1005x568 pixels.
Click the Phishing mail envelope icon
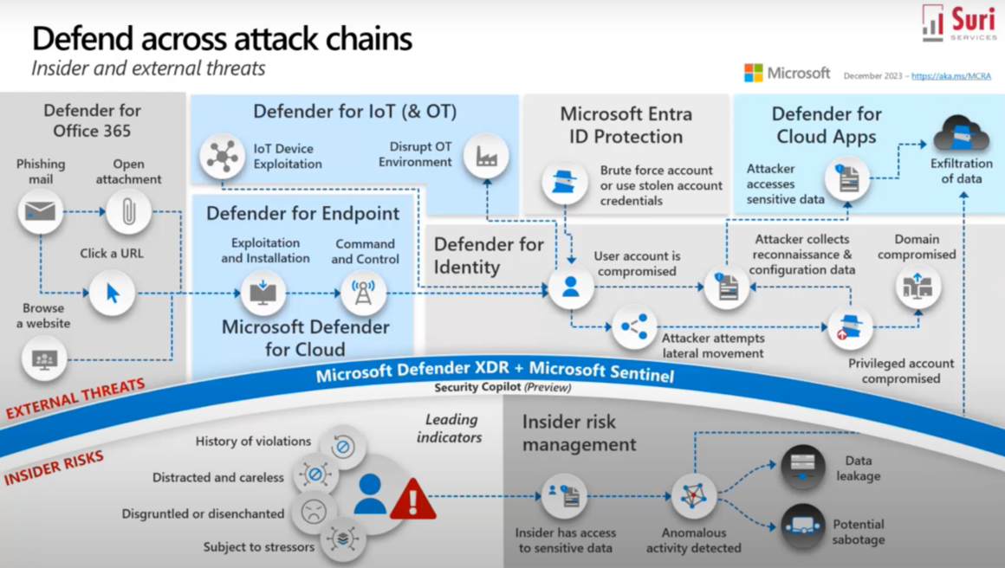[x=41, y=211]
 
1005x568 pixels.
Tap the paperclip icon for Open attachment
[x=129, y=211]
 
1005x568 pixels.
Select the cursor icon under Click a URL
[x=112, y=293]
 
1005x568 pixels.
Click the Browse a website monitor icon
[x=43, y=358]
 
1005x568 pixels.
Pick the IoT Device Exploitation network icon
[x=223, y=156]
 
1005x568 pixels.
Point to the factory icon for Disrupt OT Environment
[x=486, y=156]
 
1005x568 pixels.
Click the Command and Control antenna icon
[x=363, y=293]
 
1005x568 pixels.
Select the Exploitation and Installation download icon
[x=263, y=293]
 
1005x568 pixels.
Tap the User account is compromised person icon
[x=571, y=287]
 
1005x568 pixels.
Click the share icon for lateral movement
[x=634, y=327]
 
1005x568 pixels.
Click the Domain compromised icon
[x=917, y=286]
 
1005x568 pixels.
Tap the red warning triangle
[x=413, y=500]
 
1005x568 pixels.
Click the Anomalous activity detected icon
[x=693, y=496]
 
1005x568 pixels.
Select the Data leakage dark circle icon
[x=802, y=467]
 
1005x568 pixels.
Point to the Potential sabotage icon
[x=802, y=526]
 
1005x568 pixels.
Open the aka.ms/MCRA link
[x=950, y=76]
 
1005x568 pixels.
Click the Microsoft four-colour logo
[x=753, y=73]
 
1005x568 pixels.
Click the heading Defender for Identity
[x=489, y=255]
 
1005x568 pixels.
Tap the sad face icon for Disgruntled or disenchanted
[x=313, y=512]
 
